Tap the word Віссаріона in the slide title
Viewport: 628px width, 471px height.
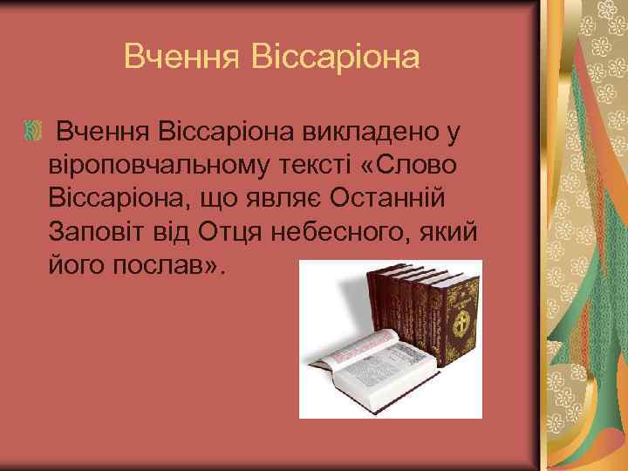pyautogui.click(x=335, y=57)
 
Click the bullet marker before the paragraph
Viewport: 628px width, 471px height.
pyautogui.click(x=33, y=132)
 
